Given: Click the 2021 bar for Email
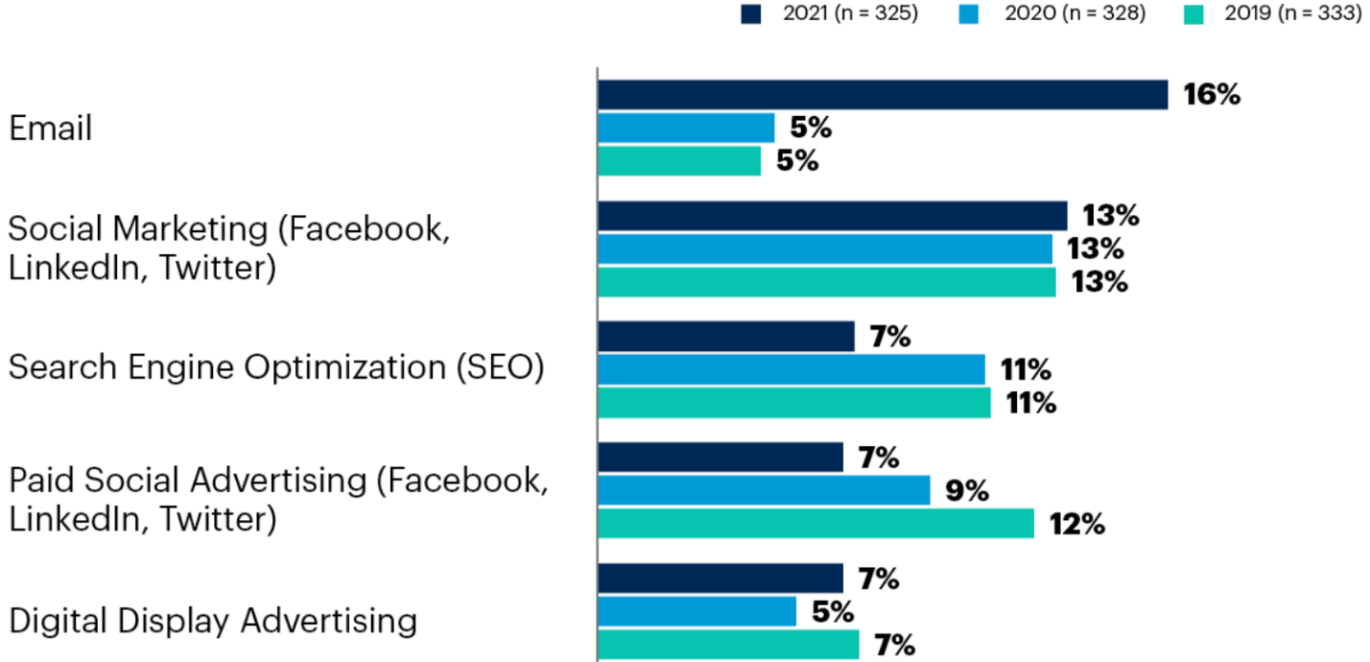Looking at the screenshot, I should [882, 95].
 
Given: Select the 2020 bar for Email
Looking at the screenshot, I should [686, 127].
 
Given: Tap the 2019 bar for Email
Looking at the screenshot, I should [679, 161].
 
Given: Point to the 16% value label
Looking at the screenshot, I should [1211, 95].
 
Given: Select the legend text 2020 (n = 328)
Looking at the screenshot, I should [1072, 15].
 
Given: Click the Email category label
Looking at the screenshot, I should [50, 127].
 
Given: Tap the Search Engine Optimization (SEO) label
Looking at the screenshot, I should [276, 368].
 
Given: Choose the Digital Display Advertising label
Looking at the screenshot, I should [213, 621].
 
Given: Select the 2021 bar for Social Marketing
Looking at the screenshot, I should [832, 216].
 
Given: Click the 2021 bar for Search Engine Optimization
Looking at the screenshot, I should [726, 337].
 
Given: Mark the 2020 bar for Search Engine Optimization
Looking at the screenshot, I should [792, 369].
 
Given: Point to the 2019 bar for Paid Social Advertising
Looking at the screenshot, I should [815, 523].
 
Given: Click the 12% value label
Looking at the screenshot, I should [1077, 524].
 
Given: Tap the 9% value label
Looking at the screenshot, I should [968, 491].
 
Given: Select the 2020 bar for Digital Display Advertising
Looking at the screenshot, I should [696, 612].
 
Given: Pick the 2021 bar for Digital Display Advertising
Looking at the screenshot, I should [720, 578].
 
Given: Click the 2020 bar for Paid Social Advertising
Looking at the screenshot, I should [764, 491].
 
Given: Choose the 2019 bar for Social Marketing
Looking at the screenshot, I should [827, 282].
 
